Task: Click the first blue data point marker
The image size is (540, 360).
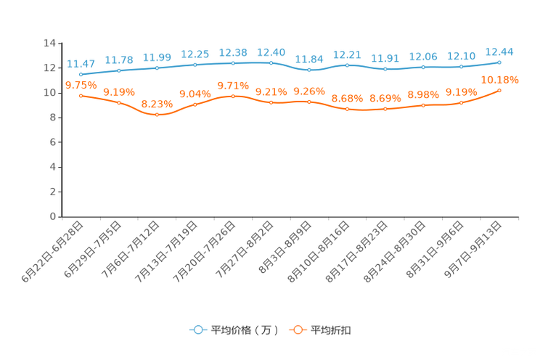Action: click(81, 73)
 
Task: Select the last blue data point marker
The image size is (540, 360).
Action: click(499, 62)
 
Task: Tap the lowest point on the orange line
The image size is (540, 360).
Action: click(157, 115)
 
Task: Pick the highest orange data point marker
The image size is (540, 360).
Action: click(499, 90)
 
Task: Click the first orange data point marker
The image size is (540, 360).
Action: click(81, 95)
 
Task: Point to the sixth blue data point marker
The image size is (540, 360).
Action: click(271, 62)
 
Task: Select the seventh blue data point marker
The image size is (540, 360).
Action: click(309, 70)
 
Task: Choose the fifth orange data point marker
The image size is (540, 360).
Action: click(233, 96)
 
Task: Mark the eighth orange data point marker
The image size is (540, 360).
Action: click(347, 109)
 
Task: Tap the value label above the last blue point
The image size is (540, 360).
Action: click(499, 51)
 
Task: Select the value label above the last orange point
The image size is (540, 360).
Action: click(499, 78)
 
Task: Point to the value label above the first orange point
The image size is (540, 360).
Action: click(77, 84)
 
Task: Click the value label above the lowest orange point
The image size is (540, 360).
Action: click(157, 104)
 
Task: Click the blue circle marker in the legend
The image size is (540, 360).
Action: click(197, 330)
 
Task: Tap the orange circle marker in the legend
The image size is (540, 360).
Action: click(297, 330)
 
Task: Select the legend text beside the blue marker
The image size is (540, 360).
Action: click(244, 330)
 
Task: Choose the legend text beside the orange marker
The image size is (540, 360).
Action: click(332, 330)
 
